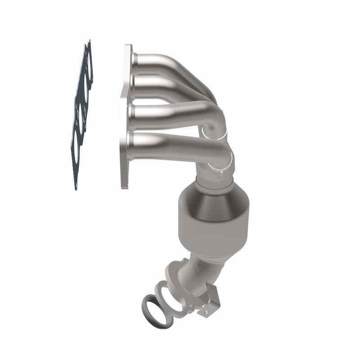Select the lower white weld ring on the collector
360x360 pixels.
[220, 166]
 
